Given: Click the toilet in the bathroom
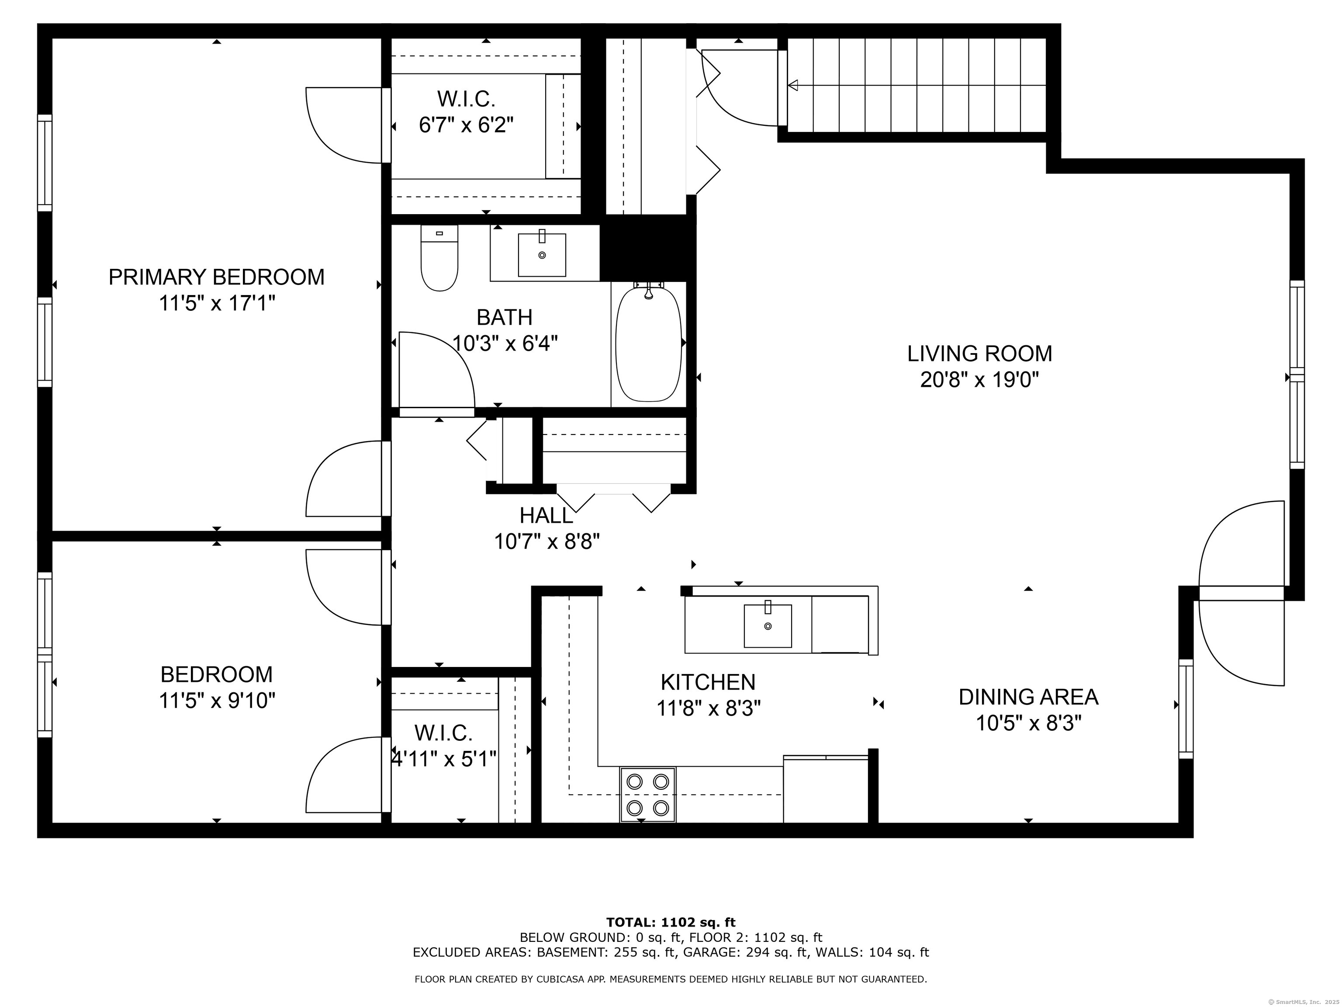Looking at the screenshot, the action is pos(439,257).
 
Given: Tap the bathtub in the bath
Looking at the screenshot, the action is pos(649,344).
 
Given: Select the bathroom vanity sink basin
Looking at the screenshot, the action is pos(542,254).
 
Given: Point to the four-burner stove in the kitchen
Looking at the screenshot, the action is pos(647,795).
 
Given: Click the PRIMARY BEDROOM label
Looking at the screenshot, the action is pos(217,277).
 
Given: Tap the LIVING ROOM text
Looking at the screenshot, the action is pos(980,353).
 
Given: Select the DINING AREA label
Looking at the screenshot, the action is pos(1028,697).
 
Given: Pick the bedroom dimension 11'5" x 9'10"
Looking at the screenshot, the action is pos(217,701).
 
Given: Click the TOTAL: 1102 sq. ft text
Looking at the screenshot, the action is pos(671,923).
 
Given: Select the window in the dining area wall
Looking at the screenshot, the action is pos(1186,708).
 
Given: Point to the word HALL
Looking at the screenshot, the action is pos(546,515).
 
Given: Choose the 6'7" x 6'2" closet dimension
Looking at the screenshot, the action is pos(466,125).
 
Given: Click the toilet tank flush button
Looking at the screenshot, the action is pos(439,233).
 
